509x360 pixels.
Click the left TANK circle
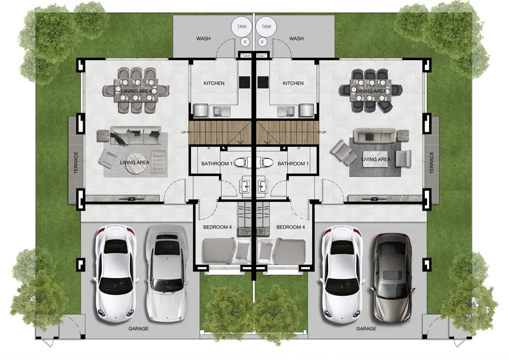click(242, 26)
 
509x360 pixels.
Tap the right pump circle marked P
click(262, 42)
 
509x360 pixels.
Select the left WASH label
click(203, 39)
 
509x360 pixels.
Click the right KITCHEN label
click(293, 84)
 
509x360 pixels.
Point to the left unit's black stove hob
click(244, 82)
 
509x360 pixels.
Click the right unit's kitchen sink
click(286, 111)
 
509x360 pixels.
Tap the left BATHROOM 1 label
click(217, 163)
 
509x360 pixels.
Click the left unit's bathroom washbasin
click(245, 186)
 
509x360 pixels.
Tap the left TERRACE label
click(76, 162)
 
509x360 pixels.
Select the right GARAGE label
click(366, 328)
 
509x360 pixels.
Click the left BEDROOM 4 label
click(217, 227)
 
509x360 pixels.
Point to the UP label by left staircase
click(184, 132)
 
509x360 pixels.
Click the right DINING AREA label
click(371, 91)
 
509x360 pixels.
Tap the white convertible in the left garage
click(166, 272)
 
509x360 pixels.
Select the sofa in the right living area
click(374, 135)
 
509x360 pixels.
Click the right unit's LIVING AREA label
click(376, 159)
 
